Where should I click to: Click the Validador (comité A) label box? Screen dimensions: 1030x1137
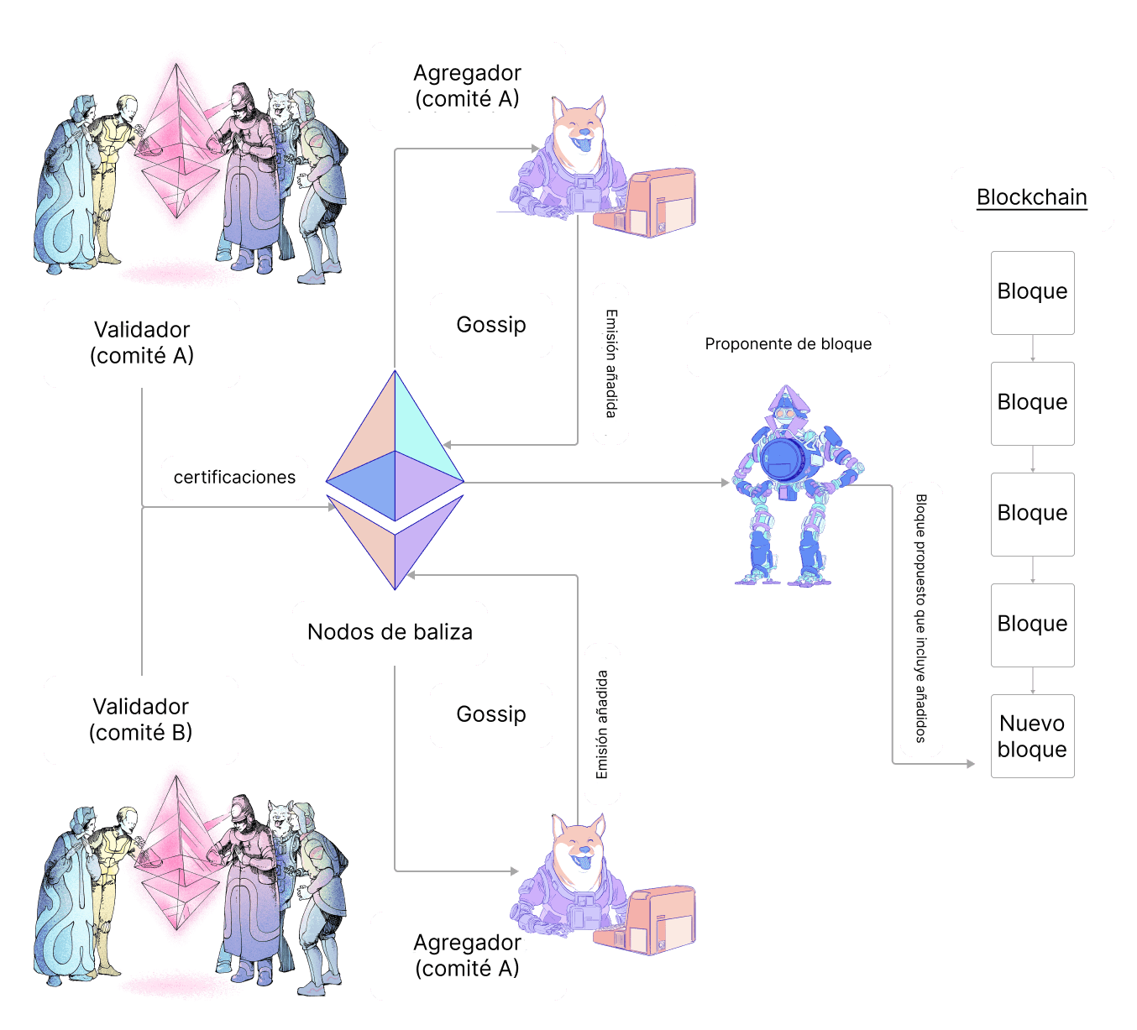pyautogui.click(x=141, y=342)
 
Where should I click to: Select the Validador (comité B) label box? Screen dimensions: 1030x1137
pyautogui.click(x=140, y=719)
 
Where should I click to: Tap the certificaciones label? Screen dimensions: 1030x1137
pyautogui.click(x=234, y=478)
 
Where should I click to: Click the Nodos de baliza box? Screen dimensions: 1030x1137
pyautogui.click(x=390, y=632)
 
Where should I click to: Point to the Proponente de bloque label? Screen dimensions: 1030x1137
pyautogui.click(x=788, y=344)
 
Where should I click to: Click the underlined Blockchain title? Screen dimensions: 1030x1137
pyautogui.click(x=1031, y=198)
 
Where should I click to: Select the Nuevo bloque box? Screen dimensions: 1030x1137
pyautogui.click(x=1032, y=736)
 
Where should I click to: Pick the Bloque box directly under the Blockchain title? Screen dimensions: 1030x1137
pyautogui.click(x=1032, y=292)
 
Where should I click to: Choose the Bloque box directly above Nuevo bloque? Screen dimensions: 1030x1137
pyautogui.click(x=1032, y=625)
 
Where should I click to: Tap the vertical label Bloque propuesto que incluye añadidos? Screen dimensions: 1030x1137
pyautogui.click(x=921, y=619)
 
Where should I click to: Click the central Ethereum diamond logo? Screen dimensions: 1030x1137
pyautogui.click(x=395, y=479)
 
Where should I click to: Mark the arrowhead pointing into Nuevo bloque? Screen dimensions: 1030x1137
pyautogui.click(x=971, y=764)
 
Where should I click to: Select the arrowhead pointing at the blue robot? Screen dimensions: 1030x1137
pyautogui.click(x=725, y=483)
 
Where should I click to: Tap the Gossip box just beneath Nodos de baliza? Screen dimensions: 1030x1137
pyautogui.click(x=490, y=714)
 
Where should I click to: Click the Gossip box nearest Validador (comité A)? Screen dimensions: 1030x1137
pyautogui.click(x=490, y=325)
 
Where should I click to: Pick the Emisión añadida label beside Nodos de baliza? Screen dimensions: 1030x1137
pyautogui.click(x=602, y=724)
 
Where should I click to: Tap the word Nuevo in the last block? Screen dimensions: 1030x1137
pyautogui.click(x=1032, y=724)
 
